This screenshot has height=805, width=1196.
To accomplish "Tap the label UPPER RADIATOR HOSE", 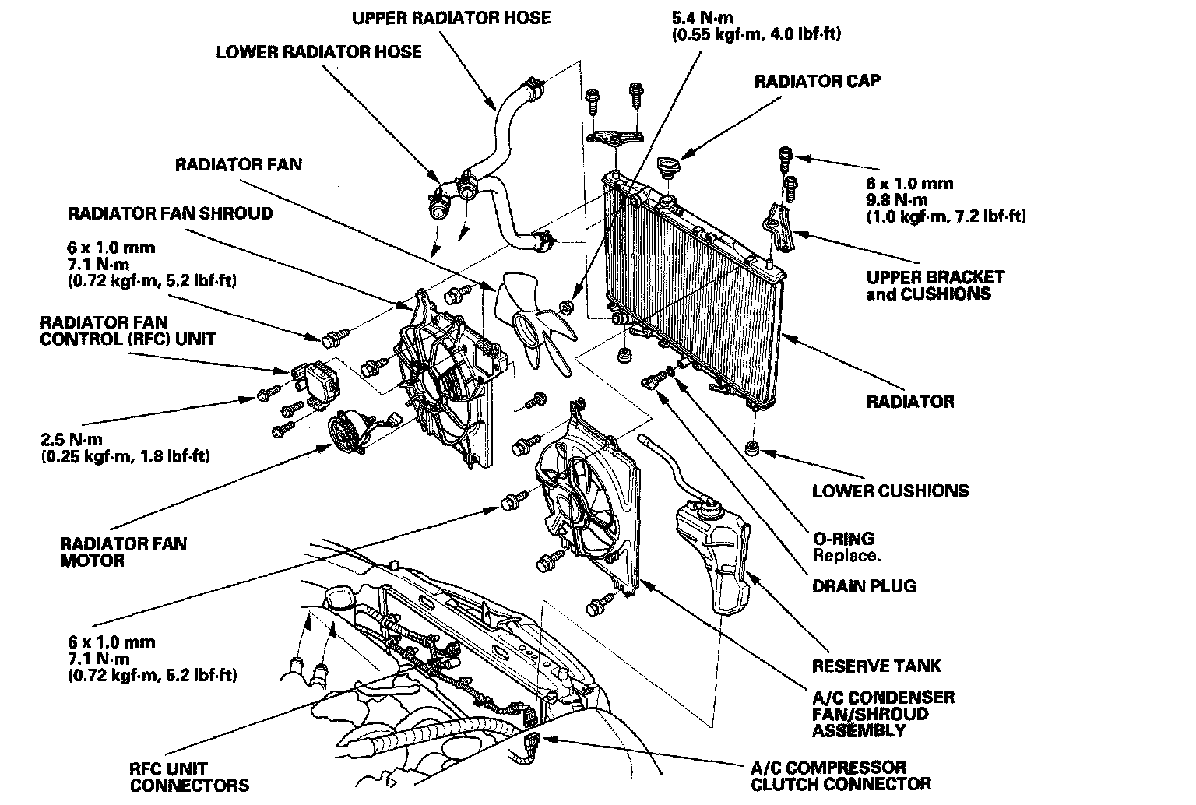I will tap(451, 17).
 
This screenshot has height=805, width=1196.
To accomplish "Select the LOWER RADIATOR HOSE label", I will tap(318, 52).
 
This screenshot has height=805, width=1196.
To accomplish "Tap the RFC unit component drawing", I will tap(314, 381).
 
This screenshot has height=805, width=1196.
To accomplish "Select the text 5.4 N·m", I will tap(702, 16).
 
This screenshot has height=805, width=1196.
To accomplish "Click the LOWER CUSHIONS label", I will tap(890, 490).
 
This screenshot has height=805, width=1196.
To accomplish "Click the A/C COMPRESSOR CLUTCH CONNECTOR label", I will tap(840, 775).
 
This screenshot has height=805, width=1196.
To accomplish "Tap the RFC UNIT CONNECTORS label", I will tap(189, 776).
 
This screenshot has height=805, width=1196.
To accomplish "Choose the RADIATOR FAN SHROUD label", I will tap(170, 213).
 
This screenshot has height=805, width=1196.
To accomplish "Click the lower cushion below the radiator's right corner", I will tap(752, 449).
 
